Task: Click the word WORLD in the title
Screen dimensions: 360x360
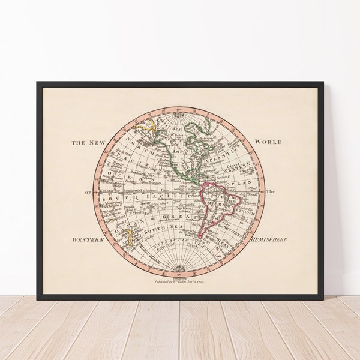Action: coord(268,142)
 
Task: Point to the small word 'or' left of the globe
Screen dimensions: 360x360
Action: coord(88,192)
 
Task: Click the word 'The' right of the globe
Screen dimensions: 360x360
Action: coord(270,192)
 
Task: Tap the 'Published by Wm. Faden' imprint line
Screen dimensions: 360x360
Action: coord(180,280)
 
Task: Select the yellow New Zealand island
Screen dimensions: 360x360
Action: coord(128,239)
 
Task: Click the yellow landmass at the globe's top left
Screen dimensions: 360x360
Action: coord(146,127)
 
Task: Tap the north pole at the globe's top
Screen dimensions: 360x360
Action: coord(179,114)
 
